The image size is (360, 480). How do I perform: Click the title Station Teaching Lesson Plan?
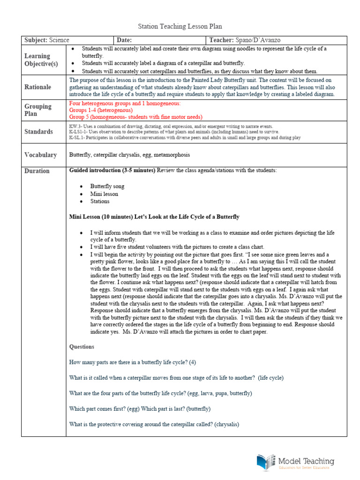[x=180, y=27]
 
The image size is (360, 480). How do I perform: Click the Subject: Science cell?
[x=46, y=40]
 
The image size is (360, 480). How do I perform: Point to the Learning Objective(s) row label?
[x=41, y=60]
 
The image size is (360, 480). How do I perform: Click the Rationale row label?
[x=38, y=87]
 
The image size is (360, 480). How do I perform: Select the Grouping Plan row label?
[x=38, y=110]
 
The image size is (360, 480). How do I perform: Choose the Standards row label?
[x=38, y=132]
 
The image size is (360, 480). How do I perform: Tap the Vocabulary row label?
[x=40, y=155]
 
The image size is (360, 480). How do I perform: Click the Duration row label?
[x=37, y=171]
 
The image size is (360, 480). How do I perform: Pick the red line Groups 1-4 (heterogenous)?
[x=101, y=110]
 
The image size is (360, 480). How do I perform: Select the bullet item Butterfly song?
[x=107, y=186]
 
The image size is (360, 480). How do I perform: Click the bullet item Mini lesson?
[x=104, y=194]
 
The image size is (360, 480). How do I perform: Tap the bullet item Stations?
[x=100, y=201]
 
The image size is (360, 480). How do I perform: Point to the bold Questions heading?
[x=82, y=347]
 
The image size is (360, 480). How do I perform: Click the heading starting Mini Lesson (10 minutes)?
[x=154, y=217]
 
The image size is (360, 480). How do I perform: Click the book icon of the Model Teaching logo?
[x=266, y=462]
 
